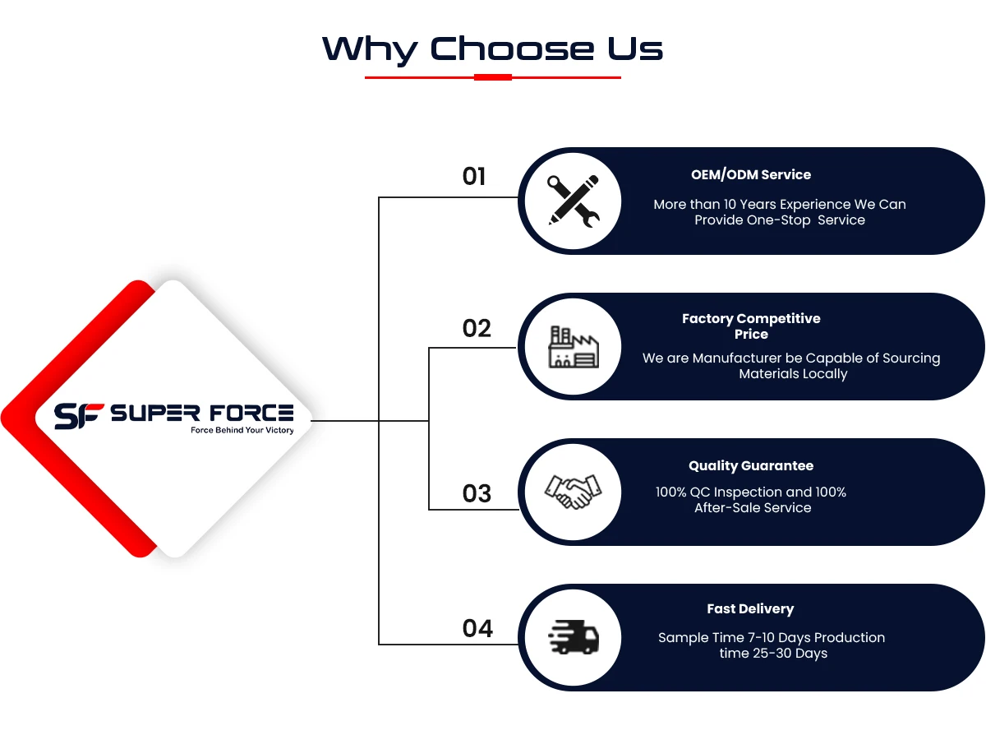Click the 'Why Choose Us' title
pos(492,49)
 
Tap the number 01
pos(474,177)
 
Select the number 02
pos(477,329)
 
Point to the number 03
pos(477,493)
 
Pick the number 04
pos(477,629)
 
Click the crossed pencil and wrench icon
pos(574,201)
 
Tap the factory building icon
pos(574,347)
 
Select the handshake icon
pos(574,492)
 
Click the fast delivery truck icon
pos(574,637)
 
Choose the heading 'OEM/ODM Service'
pos(751,175)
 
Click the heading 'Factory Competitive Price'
pos(751,326)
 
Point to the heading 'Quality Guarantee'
pos(751,466)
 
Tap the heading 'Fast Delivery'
pos(750,609)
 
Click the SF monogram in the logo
pos(79,415)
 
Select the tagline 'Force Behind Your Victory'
pos(242,431)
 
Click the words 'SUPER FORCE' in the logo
pos(201,413)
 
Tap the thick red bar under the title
pos(493,77)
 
